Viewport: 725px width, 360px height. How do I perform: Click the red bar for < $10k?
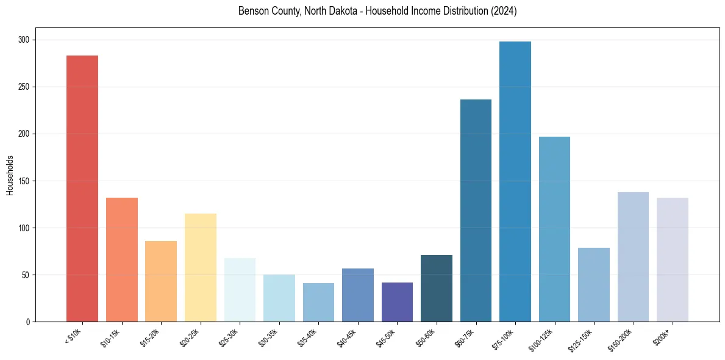(x=82, y=189)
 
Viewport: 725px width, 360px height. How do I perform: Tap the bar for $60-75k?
(x=476, y=211)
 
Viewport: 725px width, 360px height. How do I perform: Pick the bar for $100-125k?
(x=554, y=229)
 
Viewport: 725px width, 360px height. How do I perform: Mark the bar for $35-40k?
(x=318, y=302)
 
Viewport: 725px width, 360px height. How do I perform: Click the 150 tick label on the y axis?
(x=26, y=181)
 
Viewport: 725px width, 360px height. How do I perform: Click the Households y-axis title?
(x=10, y=175)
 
